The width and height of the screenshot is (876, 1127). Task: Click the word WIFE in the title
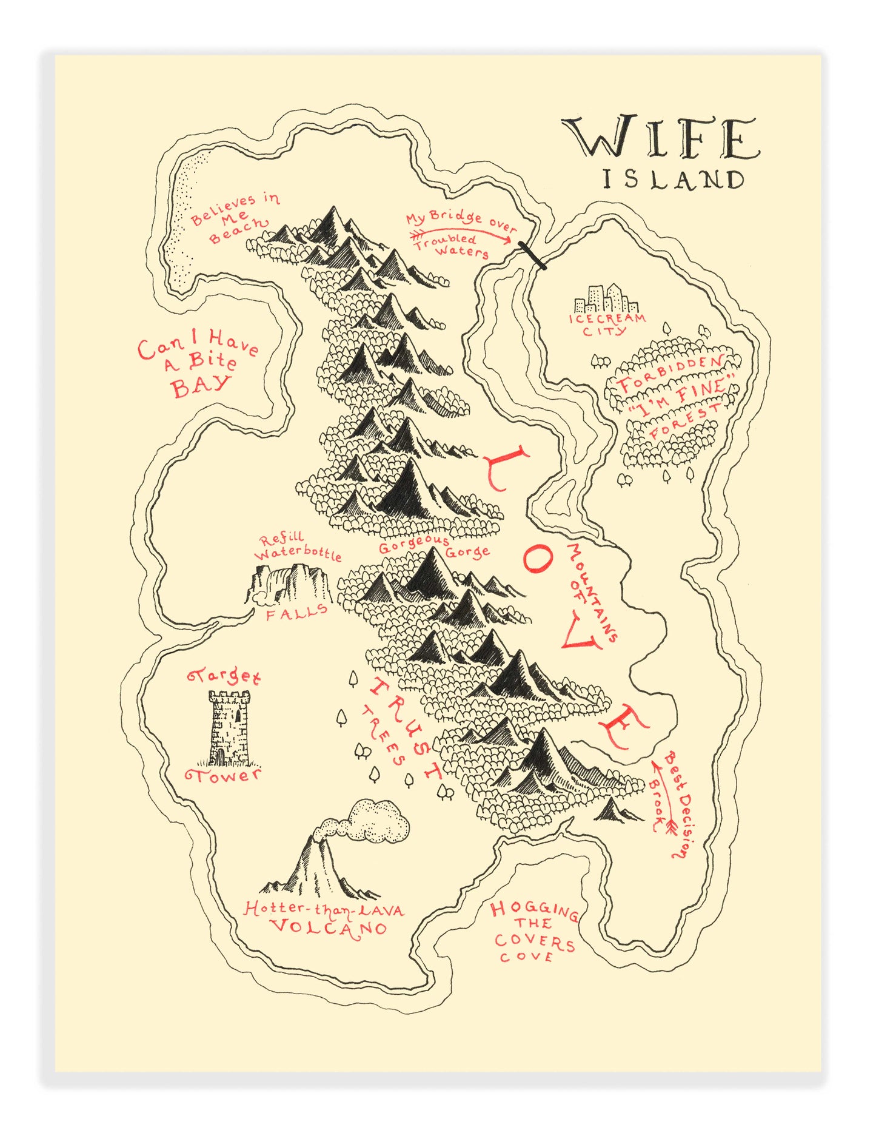coord(660,138)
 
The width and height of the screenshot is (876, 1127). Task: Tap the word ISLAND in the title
coord(673,180)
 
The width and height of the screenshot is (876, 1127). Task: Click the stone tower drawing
coord(229,727)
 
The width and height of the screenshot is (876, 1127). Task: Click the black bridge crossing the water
coord(533,255)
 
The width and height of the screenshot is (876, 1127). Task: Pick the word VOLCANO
coord(327,927)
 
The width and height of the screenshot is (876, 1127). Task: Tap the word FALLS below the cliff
coord(296,613)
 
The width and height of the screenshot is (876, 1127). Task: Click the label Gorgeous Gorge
coord(434,547)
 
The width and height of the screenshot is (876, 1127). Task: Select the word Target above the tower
coord(224,676)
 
